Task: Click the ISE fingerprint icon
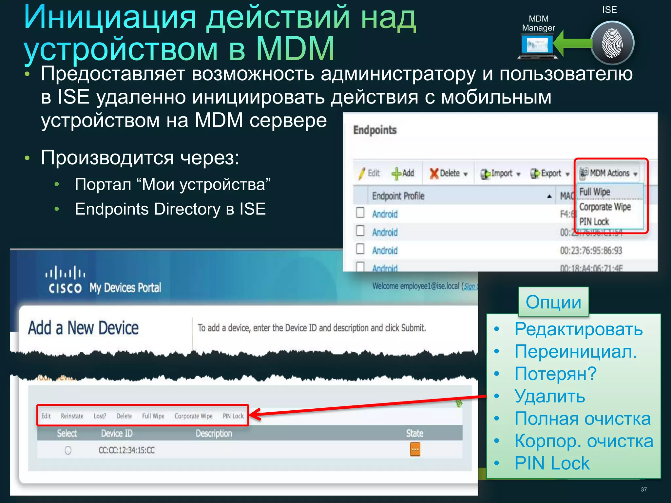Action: pyautogui.click(x=612, y=43)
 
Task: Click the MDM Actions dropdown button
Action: pyautogui.click(x=609, y=173)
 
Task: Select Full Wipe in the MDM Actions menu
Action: pyautogui.click(x=595, y=192)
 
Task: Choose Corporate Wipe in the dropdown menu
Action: pyautogui.click(x=605, y=207)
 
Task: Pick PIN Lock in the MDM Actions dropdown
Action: pyautogui.click(x=594, y=222)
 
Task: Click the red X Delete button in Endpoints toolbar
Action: pyautogui.click(x=448, y=173)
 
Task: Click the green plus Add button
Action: pyautogui.click(x=403, y=173)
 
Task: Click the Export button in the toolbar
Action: pyautogui.click(x=550, y=174)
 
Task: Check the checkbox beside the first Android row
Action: pyautogui.click(x=360, y=213)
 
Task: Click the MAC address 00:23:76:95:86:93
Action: pyautogui.click(x=591, y=251)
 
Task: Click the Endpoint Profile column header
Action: pyautogui.click(x=398, y=196)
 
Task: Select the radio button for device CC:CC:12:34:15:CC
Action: pyautogui.click(x=68, y=450)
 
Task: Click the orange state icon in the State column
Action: pyautogui.click(x=415, y=450)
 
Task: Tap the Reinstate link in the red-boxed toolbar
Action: pyautogui.click(x=72, y=416)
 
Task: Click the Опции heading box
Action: pyautogui.click(x=553, y=302)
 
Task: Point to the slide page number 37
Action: pyautogui.click(x=643, y=489)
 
